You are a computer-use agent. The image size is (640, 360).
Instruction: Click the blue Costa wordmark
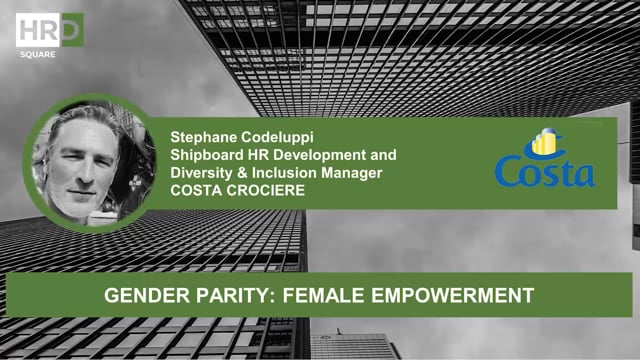tap(545, 173)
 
